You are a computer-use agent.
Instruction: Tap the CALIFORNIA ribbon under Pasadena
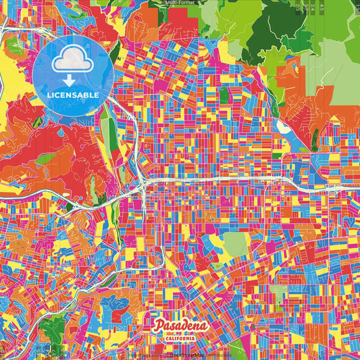[181, 337]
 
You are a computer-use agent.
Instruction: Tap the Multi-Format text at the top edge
[181, 3]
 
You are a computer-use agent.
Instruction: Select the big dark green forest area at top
[280, 27]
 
